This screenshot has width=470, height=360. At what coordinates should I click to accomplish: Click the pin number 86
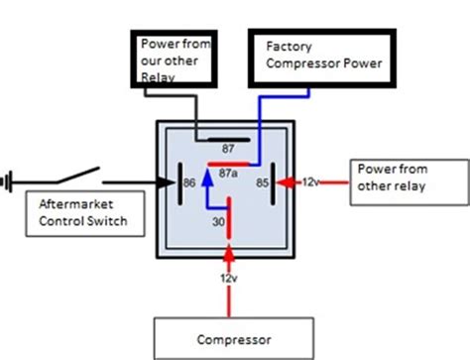pos(186,182)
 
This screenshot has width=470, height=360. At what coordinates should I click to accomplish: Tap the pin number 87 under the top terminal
pos(227,147)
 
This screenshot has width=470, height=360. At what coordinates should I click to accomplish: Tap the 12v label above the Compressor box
pos(228,278)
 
